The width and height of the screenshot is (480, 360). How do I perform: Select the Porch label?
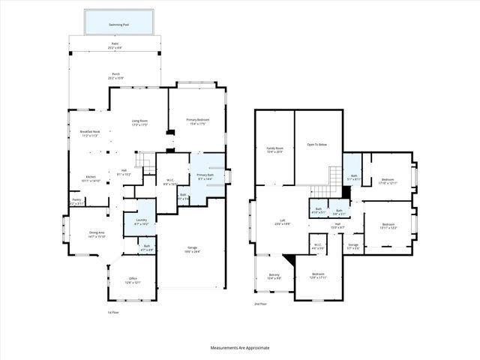click(x=115, y=75)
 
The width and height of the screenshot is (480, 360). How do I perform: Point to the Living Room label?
click(x=139, y=121)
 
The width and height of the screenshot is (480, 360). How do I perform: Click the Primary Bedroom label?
click(x=197, y=121)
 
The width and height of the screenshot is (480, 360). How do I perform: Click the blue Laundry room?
click(x=139, y=223)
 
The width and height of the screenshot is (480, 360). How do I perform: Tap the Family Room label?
click(x=274, y=150)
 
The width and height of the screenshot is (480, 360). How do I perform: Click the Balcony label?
click(x=274, y=276)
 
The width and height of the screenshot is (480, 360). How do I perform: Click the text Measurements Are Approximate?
click(x=239, y=348)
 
